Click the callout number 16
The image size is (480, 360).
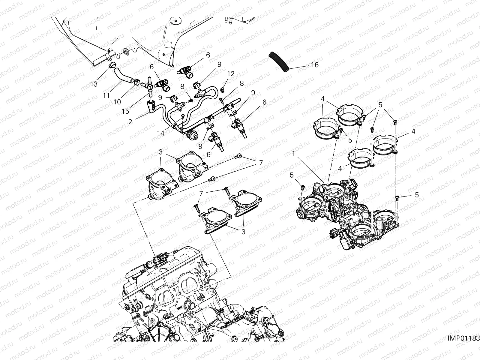314,65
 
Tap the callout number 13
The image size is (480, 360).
94,84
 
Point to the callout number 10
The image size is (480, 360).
117,102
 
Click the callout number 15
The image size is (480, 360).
125,111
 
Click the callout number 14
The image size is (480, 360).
161,133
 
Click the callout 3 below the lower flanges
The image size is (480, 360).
243,232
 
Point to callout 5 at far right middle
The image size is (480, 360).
416,195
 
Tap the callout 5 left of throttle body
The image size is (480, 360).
292,175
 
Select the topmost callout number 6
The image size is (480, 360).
208,55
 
